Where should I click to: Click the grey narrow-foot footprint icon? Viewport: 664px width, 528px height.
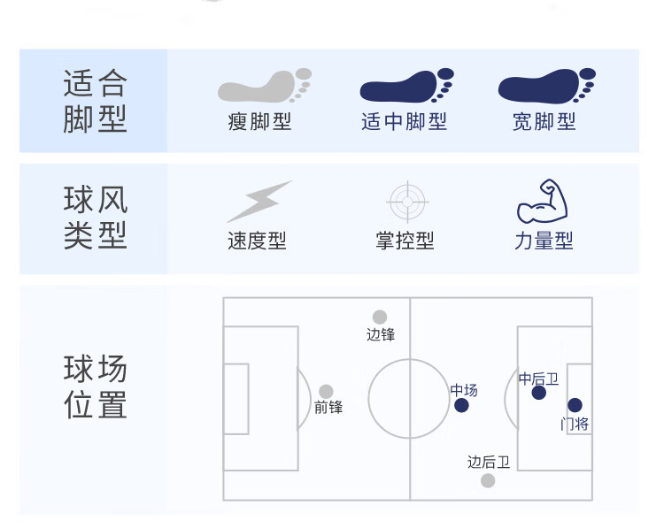tap(264, 86)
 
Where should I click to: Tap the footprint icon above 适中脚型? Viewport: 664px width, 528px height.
tap(406, 86)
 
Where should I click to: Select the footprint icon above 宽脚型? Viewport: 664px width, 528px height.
tap(547, 86)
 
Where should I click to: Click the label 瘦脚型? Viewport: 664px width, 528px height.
tap(259, 122)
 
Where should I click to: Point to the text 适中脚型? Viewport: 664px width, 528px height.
tap(404, 122)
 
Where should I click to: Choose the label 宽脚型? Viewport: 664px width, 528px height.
tap(544, 122)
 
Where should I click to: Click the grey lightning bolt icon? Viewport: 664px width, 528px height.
tap(259, 202)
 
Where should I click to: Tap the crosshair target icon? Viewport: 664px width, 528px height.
tap(407, 202)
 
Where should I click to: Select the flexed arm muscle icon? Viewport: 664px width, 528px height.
tap(543, 201)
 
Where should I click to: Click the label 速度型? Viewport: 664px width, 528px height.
tap(257, 241)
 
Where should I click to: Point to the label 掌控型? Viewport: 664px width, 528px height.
tap(405, 241)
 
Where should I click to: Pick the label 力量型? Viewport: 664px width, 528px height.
tap(544, 241)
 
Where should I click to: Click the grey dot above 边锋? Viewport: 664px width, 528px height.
tap(380, 317)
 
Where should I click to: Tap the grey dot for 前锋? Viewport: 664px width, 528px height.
tap(326, 391)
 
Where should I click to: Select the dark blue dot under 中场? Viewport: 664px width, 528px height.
tap(461, 405)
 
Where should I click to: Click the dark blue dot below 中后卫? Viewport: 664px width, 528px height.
tap(538, 393)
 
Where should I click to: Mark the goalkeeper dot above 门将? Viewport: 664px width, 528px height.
tap(575, 405)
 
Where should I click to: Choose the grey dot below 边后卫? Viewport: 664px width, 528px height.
tap(488, 480)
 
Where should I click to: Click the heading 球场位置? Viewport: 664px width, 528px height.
tap(96, 386)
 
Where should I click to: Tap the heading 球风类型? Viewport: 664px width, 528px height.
tap(96, 217)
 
